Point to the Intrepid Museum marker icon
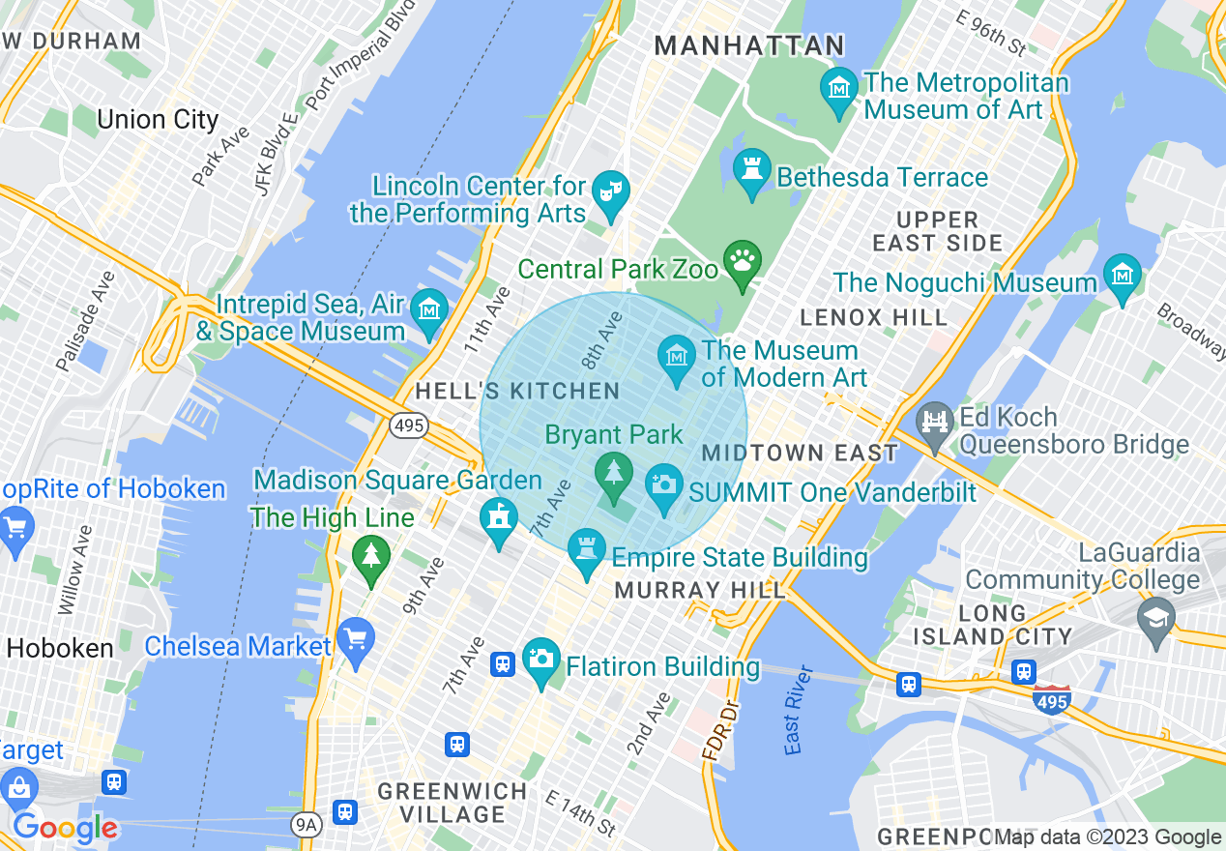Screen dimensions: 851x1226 tap(428, 310)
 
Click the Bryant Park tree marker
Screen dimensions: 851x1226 tap(613, 473)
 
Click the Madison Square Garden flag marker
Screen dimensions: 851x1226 tap(499, 518)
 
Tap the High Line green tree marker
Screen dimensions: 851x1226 tap(371, 556)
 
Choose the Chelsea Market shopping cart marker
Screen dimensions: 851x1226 tap(357, 639)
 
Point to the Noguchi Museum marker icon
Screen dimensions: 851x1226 tap(1122, 275)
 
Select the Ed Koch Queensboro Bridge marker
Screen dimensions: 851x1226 tap(935, 424)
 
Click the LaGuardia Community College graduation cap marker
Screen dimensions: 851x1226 tap(1155, 617)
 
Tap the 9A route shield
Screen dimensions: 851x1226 tap(306, 824)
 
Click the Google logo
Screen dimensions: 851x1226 tap(65, 828)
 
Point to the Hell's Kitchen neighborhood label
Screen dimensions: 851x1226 tap(517, 391)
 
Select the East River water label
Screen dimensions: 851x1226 tap(795, 710)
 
